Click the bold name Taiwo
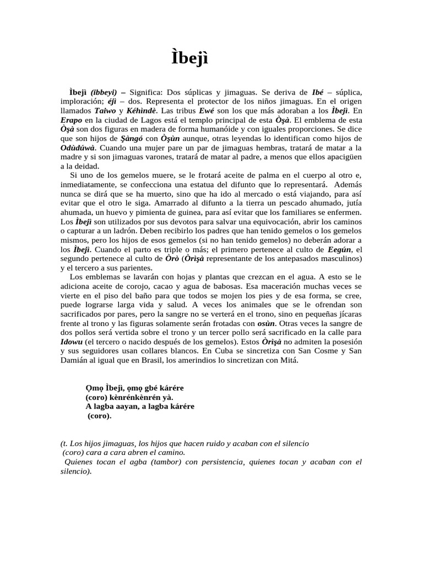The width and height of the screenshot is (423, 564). (106, 110)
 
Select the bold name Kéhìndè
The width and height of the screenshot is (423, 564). (143, 110)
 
